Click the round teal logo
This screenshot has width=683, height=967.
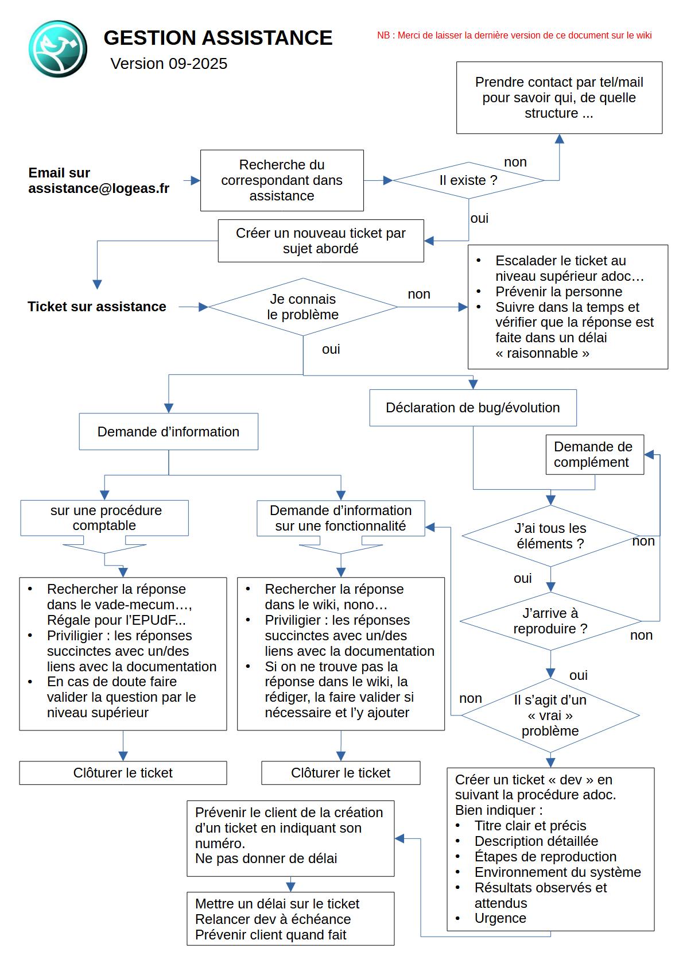[58, 49]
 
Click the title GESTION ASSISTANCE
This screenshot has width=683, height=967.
[218, 37]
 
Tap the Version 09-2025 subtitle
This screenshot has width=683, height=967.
[169, 64]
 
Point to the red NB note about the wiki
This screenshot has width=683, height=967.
[514, 36]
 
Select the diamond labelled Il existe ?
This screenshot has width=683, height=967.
[468, 180]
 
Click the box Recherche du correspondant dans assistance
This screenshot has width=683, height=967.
[282, 180]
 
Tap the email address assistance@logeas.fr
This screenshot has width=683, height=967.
[99, 189]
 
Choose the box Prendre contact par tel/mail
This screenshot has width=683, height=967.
[559, 98]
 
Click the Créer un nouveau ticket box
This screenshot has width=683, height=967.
[321, 241]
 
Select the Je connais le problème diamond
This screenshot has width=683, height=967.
[303, 307]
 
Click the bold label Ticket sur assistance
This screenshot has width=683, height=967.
[96, 307]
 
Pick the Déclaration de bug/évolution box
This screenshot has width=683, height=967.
[473, 408]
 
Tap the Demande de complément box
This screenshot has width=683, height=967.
[595, 455]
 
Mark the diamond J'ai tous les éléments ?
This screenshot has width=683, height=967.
[550, 536]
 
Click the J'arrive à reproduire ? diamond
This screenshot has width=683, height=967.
[550, 621]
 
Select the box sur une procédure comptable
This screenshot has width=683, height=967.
[104, 518]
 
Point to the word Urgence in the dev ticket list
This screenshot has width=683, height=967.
[500, 918]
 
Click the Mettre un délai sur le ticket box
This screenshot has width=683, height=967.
[290, 919]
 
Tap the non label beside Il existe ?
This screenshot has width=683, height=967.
[515, 163]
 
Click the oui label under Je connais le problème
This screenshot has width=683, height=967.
[331, 349]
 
